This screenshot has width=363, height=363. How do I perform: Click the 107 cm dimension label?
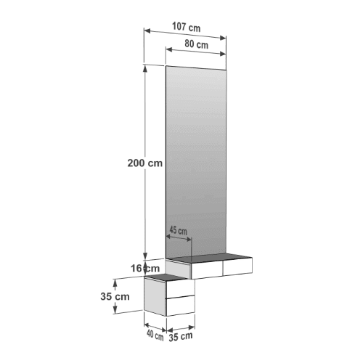point(186,27)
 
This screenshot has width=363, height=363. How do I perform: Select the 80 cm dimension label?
point(196,44)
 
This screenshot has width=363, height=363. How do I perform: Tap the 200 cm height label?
point(145,163)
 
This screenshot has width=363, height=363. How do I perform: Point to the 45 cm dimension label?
point(178,230)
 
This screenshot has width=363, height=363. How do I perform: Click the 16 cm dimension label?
point(145,269)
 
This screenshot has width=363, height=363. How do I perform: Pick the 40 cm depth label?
point(155,335)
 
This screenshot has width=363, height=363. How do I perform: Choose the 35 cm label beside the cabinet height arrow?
point(115,296)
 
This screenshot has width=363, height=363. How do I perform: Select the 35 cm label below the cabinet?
point(181,337)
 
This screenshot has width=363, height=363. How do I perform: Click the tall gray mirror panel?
point(196,162)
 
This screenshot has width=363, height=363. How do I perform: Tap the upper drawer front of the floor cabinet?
point(180,289)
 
